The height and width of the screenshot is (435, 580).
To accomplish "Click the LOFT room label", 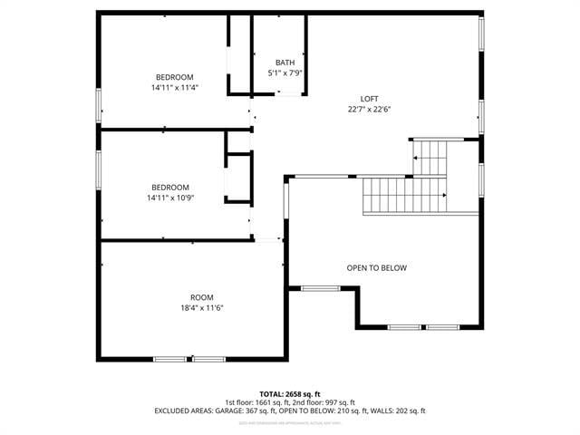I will coord(369,98).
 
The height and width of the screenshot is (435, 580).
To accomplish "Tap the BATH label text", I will coord(285,63).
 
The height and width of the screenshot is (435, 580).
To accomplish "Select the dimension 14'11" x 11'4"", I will coord(175,88).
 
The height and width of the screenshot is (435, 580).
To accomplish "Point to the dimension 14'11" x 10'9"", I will coord(170,198).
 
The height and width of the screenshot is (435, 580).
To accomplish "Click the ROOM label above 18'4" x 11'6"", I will coord(201,297).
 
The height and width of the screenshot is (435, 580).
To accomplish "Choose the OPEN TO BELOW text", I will coord(376,268).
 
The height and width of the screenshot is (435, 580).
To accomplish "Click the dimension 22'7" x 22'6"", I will coord(369,109).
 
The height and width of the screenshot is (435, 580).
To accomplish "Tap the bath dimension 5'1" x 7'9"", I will coord(285,72).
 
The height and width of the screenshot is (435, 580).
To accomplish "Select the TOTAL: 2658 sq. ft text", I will coord(289,394).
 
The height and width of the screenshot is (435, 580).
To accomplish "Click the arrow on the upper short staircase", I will coord(416,158).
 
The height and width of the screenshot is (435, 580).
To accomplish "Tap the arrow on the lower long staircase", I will coord(444,195).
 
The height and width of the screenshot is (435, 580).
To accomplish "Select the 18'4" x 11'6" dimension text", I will coord(201,308).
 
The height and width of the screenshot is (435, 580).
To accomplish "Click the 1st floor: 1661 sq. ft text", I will coord(256,402).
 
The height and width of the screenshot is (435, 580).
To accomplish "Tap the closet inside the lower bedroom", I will coord(237,178).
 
